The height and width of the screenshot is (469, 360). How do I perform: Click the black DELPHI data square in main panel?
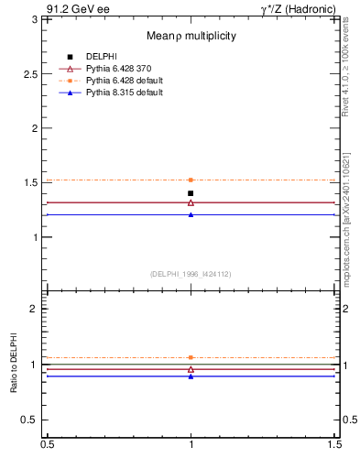pos(191,193)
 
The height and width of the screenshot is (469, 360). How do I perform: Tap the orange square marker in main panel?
pos(191,180)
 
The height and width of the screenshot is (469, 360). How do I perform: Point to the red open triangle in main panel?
pos(191,202)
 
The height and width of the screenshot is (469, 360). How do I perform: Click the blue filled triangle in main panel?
pos(191,214)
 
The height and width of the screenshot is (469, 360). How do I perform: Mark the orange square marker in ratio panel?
pos(191,357)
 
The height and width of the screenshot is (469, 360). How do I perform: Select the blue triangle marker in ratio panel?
pos(191,376)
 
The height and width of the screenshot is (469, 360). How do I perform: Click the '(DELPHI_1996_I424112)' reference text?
pos(191,273)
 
